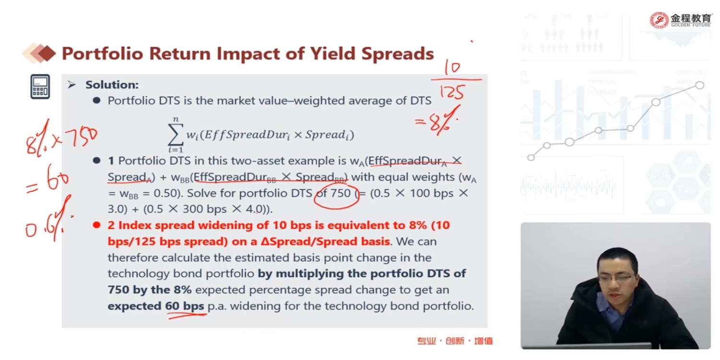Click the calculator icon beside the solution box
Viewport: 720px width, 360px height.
click(40, 87)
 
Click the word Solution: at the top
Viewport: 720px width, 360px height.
click(112, 85)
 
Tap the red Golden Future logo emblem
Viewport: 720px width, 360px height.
click(659, 20)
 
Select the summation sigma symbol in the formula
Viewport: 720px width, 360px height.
click(176, 135)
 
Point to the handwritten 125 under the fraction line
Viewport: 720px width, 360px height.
click(452, 92)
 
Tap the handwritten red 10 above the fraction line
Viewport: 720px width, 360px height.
click(453, 68)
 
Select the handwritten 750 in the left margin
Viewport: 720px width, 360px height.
click(81, 137)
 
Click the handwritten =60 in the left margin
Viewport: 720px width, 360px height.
click(48, 180)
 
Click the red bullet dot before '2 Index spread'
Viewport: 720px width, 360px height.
click(96, 225)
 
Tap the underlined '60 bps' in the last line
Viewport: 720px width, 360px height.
click(184, 306)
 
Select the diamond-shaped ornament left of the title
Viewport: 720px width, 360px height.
click(39, 53)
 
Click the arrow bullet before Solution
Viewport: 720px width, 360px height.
click(72, 85)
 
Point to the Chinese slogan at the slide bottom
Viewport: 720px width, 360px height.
click(455, 341)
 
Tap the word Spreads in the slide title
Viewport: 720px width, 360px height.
click(397, 53)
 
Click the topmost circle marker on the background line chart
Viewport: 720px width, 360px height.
click(699, 85)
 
